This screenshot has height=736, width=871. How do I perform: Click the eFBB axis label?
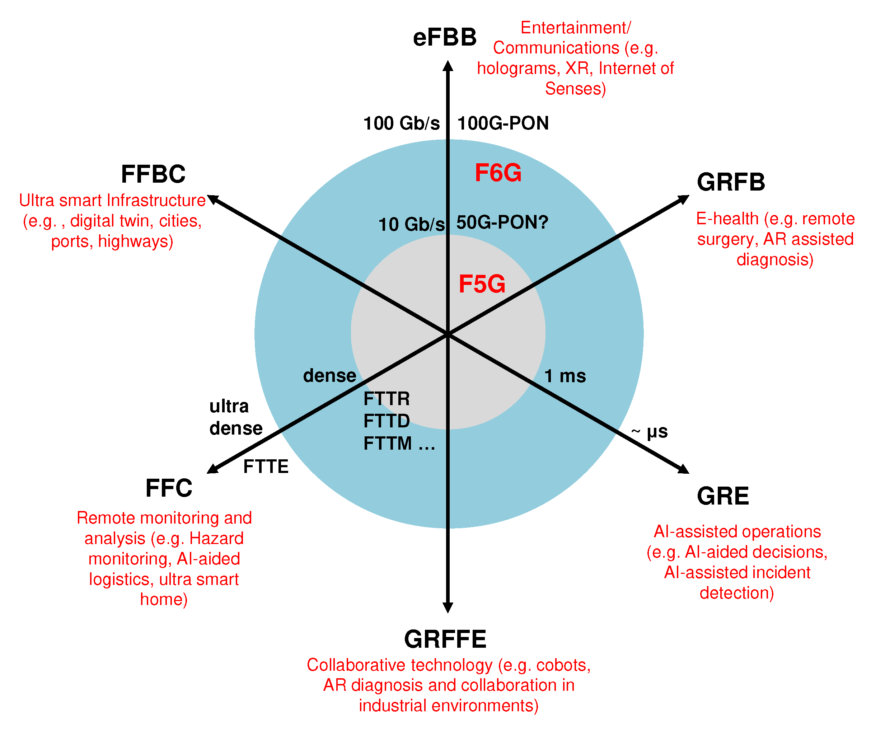[x=445, y=38]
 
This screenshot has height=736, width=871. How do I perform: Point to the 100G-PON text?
[x=503, y=123]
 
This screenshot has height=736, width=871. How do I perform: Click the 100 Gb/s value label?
[x=402, y=123]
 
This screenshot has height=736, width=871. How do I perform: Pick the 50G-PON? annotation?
[x=502, y=222]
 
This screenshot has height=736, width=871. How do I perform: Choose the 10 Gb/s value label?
[x=412, y=225]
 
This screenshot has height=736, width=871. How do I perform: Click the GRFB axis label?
[x=731, y=182]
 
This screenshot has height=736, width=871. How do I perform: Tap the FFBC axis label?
[x=153, y=174]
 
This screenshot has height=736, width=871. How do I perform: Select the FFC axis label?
[x=169, y=488]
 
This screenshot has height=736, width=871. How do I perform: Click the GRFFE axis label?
[x=445, y=639]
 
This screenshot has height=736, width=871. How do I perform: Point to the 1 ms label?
[x=565, y=376]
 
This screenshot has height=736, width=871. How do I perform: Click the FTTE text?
[x=266, y=467]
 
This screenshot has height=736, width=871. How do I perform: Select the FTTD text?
[x=387, y=421]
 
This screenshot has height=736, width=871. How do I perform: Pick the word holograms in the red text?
[x=518, y=69]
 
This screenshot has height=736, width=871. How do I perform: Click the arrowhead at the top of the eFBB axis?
[x=448, y=66]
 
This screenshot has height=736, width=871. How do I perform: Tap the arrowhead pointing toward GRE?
[x=683, y=469]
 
